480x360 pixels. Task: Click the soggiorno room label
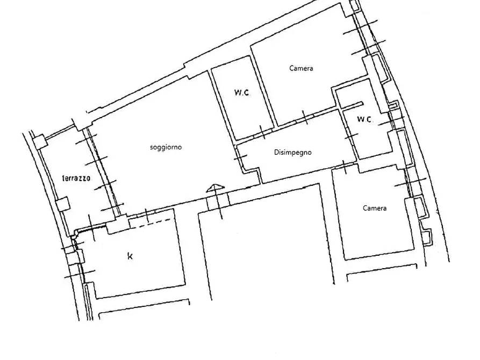(166, 147)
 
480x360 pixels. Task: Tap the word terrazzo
(76, 178)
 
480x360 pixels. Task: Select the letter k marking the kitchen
(130, 256)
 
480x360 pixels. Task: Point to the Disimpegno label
(292, 153)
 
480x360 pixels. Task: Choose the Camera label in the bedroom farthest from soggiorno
(375, 208)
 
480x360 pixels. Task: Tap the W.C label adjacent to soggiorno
(242, 92)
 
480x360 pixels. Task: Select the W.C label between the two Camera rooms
(364, 119)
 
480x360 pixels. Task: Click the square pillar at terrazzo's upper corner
(39, 142)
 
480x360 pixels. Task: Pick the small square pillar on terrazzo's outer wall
(63, 204)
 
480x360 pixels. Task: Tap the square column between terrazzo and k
(117, 225)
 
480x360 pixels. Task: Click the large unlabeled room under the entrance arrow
(265, 242)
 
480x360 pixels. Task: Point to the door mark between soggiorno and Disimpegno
(241, 157)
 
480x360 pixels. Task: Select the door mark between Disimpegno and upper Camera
(305, 118)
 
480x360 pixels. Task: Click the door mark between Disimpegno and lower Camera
(345, 167)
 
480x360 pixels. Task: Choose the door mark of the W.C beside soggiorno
(262, 132)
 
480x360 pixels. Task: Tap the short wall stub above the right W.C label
(352, 105)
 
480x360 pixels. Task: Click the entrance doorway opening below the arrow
(218, 200)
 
